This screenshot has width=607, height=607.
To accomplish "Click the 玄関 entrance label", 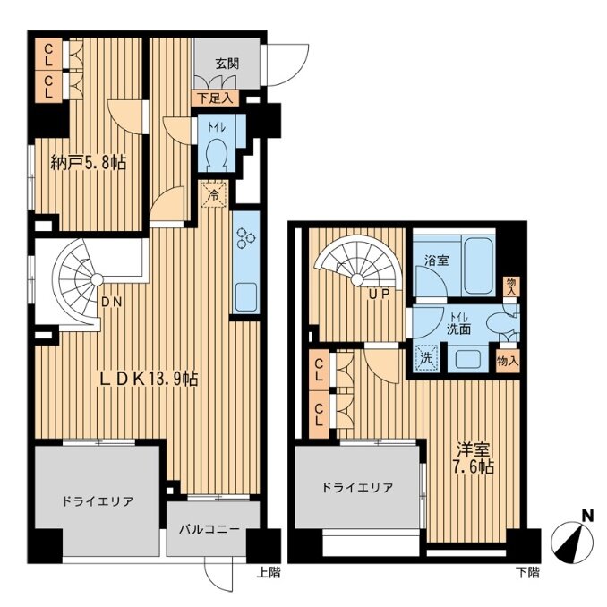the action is [x=227, y=64].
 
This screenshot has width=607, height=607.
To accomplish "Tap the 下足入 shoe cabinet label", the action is [x=216, y=98].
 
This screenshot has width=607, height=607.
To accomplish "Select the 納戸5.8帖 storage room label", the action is [x=89, y=163].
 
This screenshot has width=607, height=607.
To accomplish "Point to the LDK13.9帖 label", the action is [x=149, y=379].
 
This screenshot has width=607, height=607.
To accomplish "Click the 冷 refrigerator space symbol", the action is [x=213, y=194].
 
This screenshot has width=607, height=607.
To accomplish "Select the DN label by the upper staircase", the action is [x=112, y=302].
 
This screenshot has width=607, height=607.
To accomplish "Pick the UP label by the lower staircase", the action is [x=379, y=295].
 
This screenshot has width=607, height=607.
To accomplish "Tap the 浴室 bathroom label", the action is [x=436, y=261].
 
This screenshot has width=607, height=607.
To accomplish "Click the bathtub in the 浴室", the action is [x=480, y=265].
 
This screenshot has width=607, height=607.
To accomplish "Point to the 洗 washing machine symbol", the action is [x=426, y=358].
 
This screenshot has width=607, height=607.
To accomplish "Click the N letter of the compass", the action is [x=588, y=516].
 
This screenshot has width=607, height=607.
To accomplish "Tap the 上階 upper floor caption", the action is [x=269, y=573].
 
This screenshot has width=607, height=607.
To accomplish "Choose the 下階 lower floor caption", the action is [x=528, y=573].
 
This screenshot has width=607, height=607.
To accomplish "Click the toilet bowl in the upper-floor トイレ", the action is [x=217, y=156].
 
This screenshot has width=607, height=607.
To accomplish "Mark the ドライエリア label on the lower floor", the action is [x=357, y=487].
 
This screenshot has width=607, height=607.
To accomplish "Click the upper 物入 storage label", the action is [x=511, y=287].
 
